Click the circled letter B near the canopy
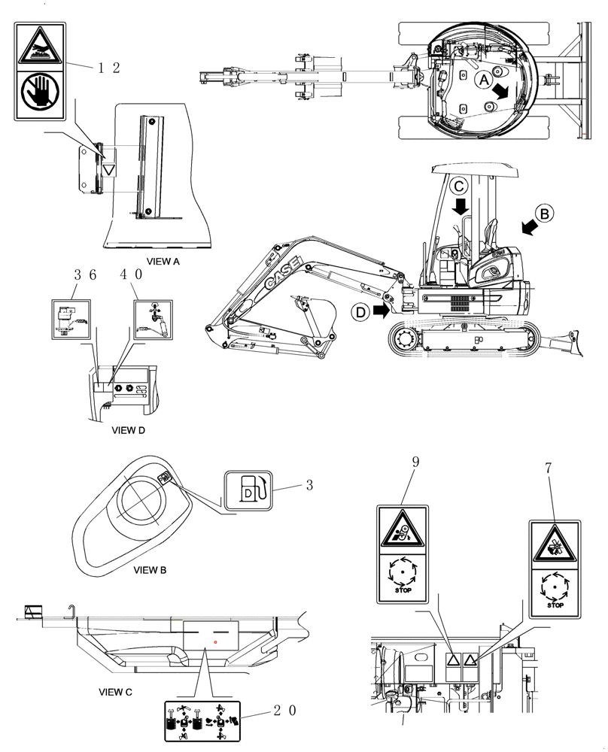tap(546, 213)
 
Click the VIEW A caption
tap(163, 262)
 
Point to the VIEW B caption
tap(150, 570)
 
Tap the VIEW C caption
tap(116, 690)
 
